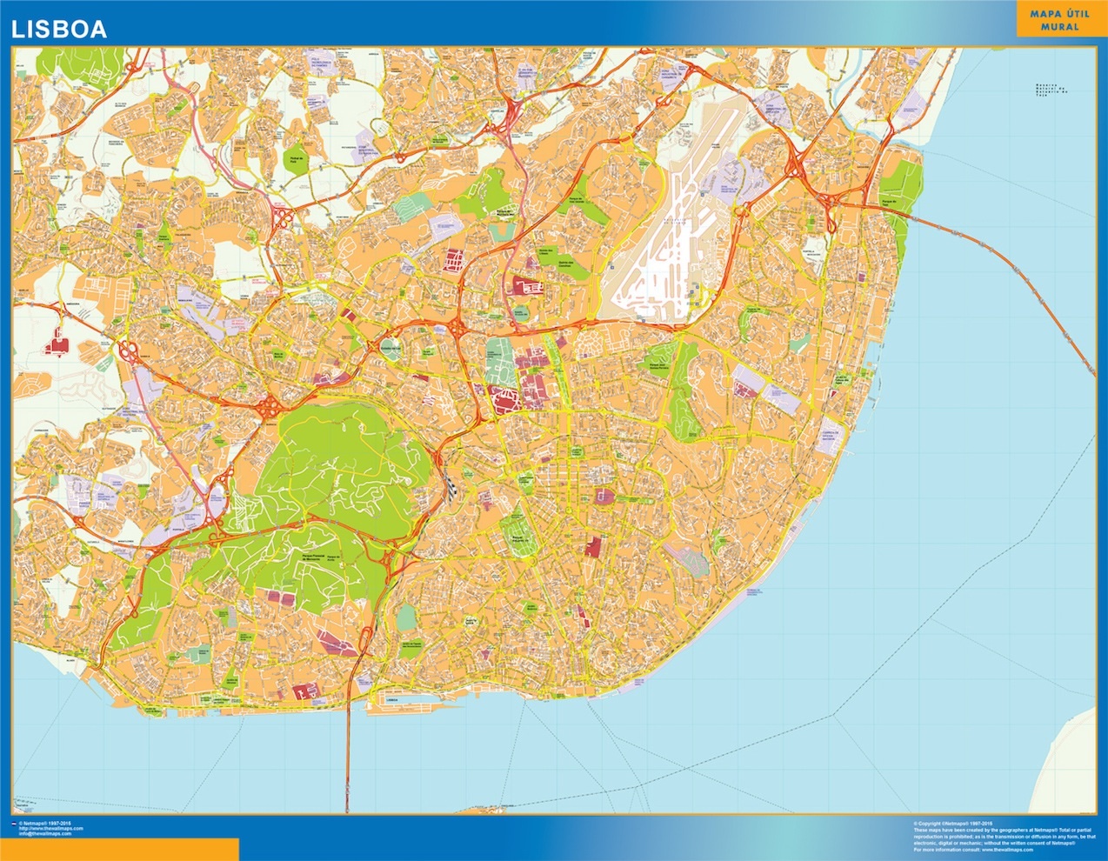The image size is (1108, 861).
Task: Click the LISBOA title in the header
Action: click(58, 29)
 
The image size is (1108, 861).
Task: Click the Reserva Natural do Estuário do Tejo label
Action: click(1050, 90)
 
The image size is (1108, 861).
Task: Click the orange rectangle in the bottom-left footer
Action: click(119, 849)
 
